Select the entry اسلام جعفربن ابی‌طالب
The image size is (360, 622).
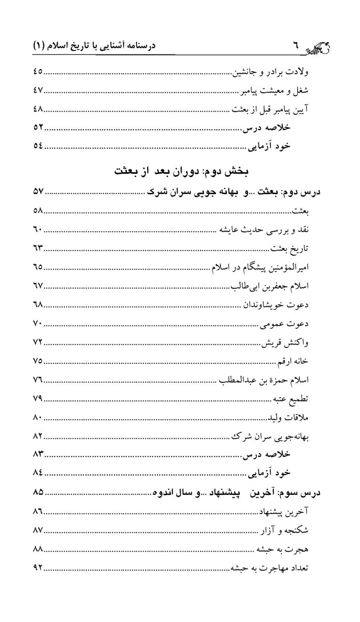click(271, 286)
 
